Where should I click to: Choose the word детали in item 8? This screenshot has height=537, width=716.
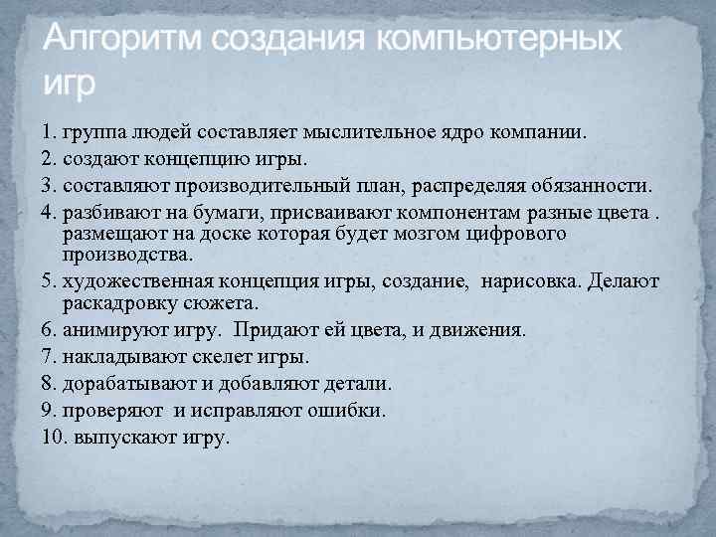point(354,383)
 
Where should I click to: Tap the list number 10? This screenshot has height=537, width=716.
point(54,436)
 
